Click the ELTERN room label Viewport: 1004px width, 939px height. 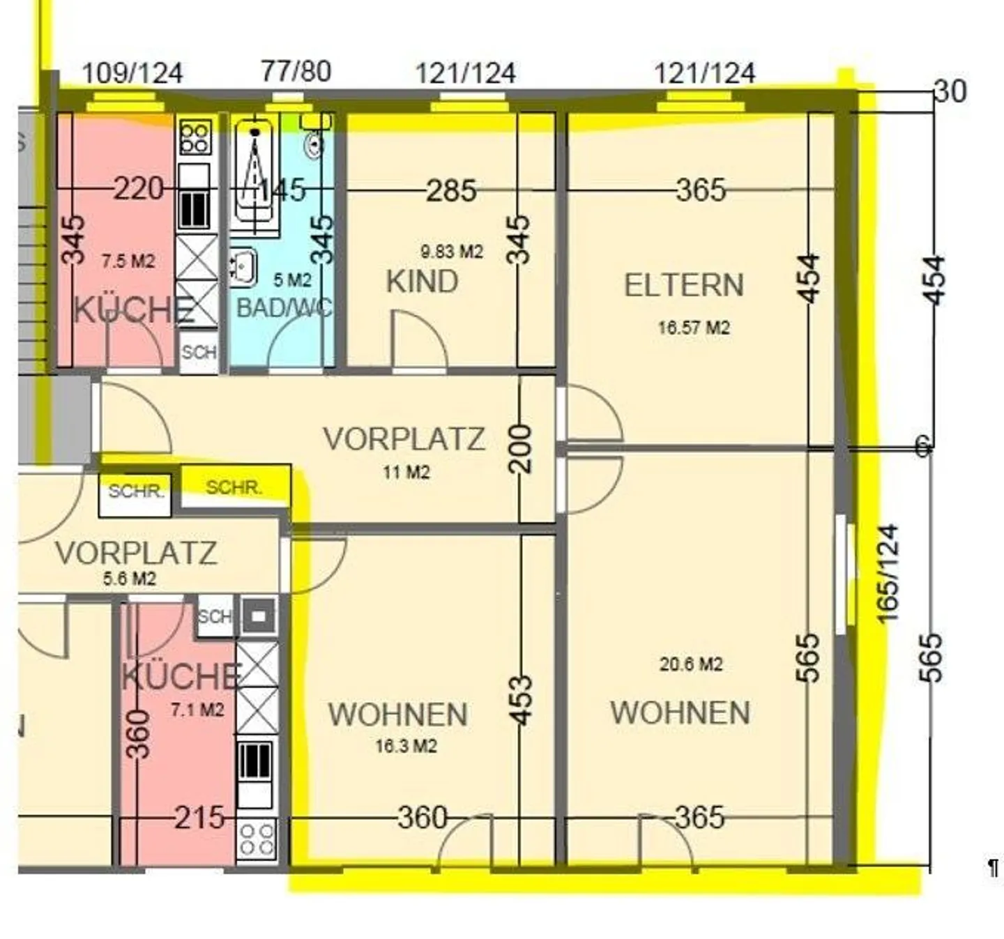(x=684, y=285)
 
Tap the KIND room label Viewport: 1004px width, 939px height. (x=422, y=282)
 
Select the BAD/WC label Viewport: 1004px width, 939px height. (x=284, y=307)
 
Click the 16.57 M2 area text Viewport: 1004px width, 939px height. (x=694, y=328)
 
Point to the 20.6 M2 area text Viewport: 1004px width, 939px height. (x=691, y=664)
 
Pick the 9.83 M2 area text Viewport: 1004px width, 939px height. (x=452, y=252)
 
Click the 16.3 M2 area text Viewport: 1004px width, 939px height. (x=406, y=746)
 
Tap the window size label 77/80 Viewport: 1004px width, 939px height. (x=296, y=71)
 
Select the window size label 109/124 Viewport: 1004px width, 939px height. (x=132, y=73)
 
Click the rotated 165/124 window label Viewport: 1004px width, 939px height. (x=888, y=574)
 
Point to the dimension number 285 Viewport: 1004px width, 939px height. (x=451, y=190)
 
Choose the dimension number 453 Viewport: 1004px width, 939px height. (x=521, y=700)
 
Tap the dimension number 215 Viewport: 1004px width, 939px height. (x=199, y=818)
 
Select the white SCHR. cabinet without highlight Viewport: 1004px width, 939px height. (x=135, y=496)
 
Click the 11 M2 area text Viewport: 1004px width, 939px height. (x=406, y=472)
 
